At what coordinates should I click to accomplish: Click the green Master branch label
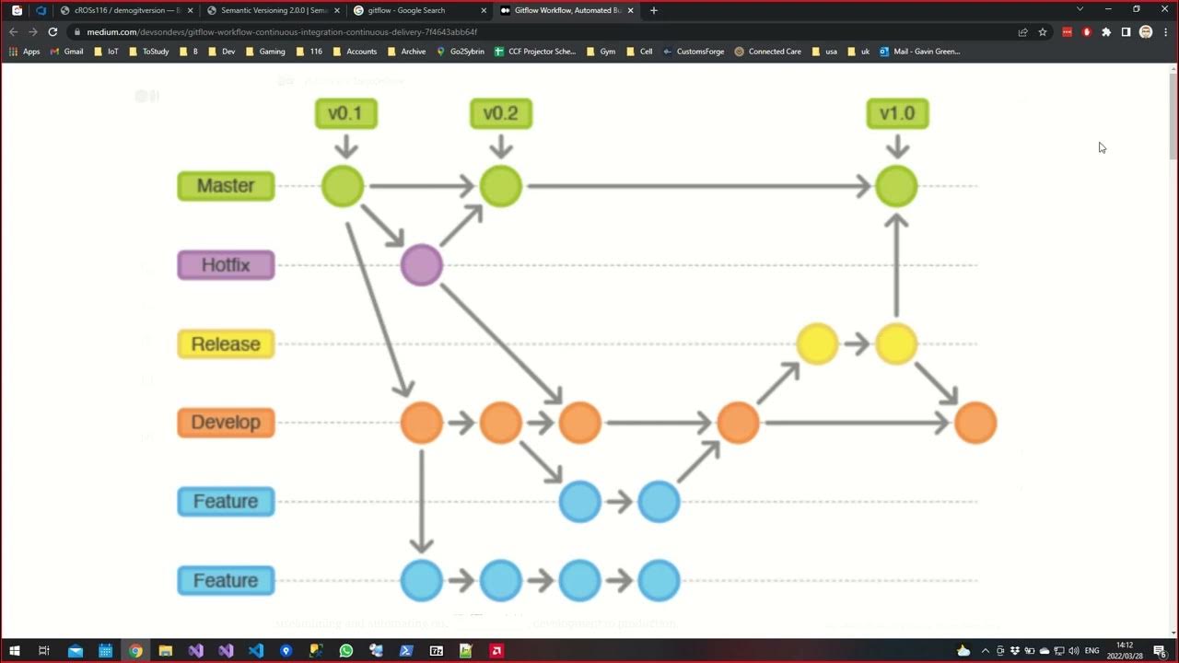click(x=226, y=186)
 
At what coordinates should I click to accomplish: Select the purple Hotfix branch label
click(x=226, y=265)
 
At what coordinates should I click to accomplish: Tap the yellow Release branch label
click(x=226, y=344)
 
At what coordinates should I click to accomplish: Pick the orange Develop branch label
click(x=226, y=423)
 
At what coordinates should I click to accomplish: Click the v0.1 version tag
click(x=345, y=113)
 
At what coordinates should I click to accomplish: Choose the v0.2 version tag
click(x=501, y=113)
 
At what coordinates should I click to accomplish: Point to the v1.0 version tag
click(x=897, y=113)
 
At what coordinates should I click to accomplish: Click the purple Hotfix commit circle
click(x=422, y=265)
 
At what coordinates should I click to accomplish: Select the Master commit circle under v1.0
click(x=896, y=186)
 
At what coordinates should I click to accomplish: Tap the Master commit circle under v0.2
click(x=501, y=186)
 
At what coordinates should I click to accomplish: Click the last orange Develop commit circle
click(x=975, y=423)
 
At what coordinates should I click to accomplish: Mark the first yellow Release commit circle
click(x=817, y=344)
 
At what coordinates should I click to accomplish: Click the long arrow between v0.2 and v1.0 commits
click(x=698, y=186)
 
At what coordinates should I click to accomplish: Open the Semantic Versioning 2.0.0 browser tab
click(x=274, y=10)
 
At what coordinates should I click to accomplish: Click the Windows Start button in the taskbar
click(x=15, y=651)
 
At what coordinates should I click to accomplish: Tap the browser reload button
click(x=53, y=31)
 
